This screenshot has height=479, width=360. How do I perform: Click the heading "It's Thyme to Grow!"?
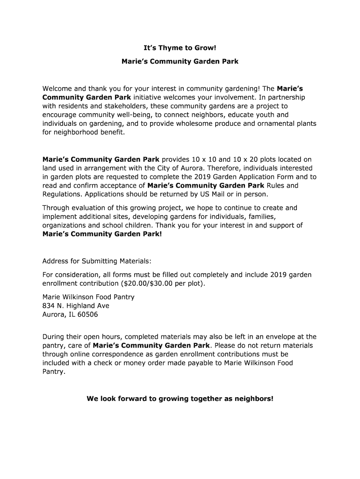180,48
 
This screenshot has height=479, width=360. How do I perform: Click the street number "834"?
49,306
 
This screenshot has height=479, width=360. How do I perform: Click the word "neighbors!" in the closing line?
252,399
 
